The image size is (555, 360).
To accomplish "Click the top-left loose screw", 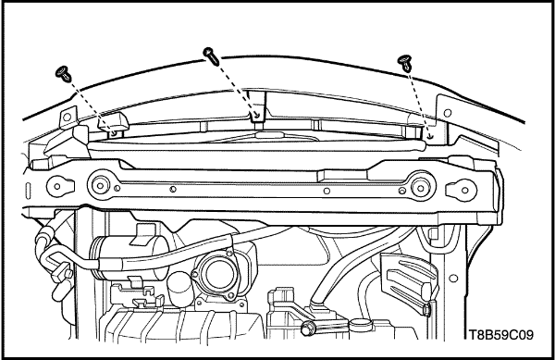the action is [64, 74].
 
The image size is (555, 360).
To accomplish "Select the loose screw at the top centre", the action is [211, 56].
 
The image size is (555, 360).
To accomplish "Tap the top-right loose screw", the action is [404, 62].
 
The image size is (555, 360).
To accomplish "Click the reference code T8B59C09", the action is [500, 334].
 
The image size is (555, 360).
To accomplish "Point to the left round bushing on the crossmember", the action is [100, 185].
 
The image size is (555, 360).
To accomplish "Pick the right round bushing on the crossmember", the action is [421, 188].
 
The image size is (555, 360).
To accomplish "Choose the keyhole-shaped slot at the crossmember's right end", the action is [461, 190].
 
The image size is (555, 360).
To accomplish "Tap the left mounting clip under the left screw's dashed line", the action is [113, 125].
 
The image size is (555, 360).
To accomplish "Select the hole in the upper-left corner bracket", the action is [67, 116].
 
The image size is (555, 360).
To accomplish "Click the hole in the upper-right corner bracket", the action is [448, 113].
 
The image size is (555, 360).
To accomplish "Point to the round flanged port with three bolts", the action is [216, 275].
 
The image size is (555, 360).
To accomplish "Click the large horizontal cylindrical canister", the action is [129, 257].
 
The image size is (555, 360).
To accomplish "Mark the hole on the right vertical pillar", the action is [453, 279].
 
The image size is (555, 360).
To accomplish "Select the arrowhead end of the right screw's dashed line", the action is [430, 137].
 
